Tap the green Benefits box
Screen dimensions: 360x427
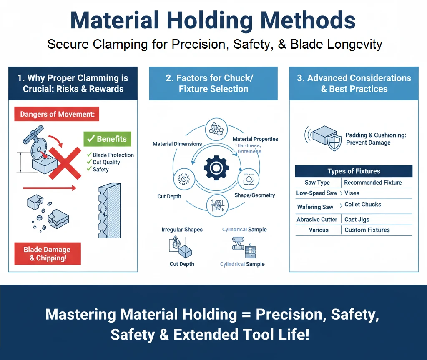coord(108,139)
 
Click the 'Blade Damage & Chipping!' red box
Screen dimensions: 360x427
coord(47,253)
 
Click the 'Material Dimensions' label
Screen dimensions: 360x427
coord(177,144)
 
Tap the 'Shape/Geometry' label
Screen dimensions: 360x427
coord(255,195)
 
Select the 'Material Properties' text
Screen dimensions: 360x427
coord(255,139)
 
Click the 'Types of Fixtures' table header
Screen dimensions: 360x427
coord(354,171)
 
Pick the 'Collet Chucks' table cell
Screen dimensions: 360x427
coord(363,205)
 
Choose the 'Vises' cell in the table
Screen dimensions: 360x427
coord(352,193)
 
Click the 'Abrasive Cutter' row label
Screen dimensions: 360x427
coord(317,220)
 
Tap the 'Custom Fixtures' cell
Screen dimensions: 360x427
coord(367,230)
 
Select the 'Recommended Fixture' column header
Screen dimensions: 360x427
coord(373,182)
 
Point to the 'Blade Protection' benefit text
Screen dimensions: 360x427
coord(113,155)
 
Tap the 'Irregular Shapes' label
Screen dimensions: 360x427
coord(182,230)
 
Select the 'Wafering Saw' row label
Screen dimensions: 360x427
coord(315,207)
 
